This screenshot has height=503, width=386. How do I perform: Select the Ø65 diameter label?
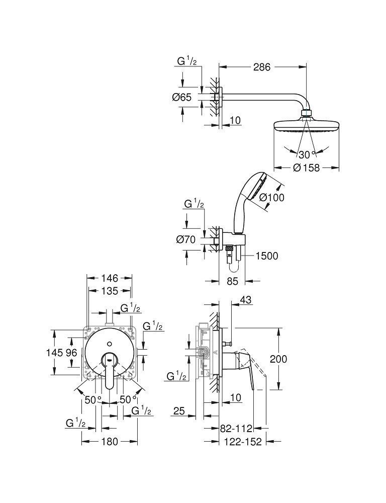181,98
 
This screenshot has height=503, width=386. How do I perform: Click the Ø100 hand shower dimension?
272,197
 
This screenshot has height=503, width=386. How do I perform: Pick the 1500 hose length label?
266,256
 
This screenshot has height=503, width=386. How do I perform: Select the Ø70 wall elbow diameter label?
185,240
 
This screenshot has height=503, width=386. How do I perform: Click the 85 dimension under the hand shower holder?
232,281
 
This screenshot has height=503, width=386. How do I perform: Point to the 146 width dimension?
109,278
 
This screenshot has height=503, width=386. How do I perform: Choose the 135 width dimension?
109,291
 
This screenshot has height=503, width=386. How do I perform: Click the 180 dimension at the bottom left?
109,442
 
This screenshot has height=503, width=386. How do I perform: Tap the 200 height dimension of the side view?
278,359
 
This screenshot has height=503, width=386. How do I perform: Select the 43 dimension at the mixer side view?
245,300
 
